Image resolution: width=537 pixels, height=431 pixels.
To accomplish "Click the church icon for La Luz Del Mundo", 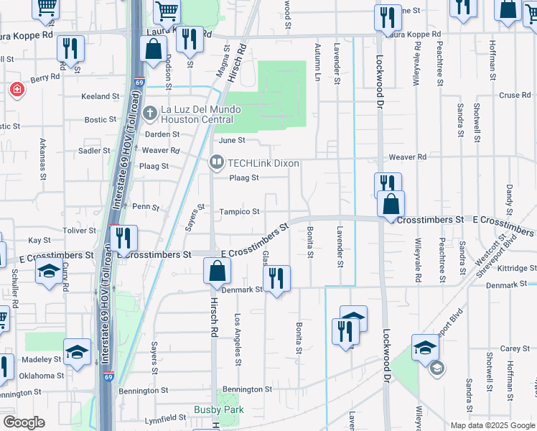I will pos(149,113).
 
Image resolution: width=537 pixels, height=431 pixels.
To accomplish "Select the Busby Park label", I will pos(219,410).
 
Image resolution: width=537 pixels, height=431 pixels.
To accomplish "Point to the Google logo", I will pos(24,422).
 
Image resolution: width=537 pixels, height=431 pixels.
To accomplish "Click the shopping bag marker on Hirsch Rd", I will pos(217,272).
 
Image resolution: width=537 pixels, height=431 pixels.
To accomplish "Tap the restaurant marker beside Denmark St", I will pos(277,279).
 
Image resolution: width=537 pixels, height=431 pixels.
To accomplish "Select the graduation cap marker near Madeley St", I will pos(78,352).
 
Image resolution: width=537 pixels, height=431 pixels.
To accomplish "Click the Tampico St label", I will pos(239,211).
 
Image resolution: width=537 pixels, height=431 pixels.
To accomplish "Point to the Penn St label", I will pos(145,207).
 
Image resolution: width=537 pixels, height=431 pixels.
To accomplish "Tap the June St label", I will pos(232,141).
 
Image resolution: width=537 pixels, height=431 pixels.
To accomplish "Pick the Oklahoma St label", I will pos(37,376).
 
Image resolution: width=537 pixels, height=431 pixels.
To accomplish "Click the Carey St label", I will pos(515,348).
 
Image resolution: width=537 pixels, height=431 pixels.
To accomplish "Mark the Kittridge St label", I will pos(511,268).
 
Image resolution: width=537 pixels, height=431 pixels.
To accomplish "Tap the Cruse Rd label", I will pos(514,95).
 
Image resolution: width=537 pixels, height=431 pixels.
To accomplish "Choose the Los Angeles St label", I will pos(237,338).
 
